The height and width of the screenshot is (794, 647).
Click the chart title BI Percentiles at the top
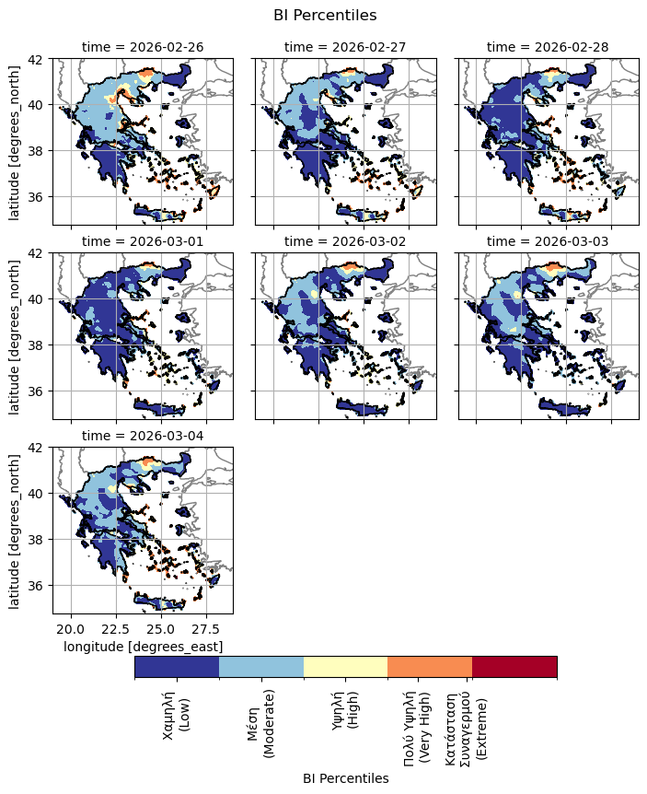click(325, 15)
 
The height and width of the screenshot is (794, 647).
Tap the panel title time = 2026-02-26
click(143, 47)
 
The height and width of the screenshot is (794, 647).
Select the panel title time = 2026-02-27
click(345, 47)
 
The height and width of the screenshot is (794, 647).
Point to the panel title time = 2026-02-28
click(548, 47)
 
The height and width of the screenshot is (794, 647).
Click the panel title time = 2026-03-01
click(143, 241)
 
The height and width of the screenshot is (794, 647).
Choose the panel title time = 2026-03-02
click(345, 241)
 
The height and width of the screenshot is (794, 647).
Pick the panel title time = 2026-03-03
click(548, 241)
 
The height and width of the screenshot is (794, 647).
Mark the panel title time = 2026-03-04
click(143, 436)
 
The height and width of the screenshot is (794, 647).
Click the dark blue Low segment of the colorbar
click(177, 667)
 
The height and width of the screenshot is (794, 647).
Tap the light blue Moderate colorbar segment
click(261, 667)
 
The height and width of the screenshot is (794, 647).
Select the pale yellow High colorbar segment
click(345, 667)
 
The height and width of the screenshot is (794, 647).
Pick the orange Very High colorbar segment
click(430, 667)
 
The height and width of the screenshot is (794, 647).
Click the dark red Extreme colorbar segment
click(514, 667)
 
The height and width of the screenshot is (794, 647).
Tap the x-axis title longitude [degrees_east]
click(144, 648)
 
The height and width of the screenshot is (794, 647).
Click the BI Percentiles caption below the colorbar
click(345, 778)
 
